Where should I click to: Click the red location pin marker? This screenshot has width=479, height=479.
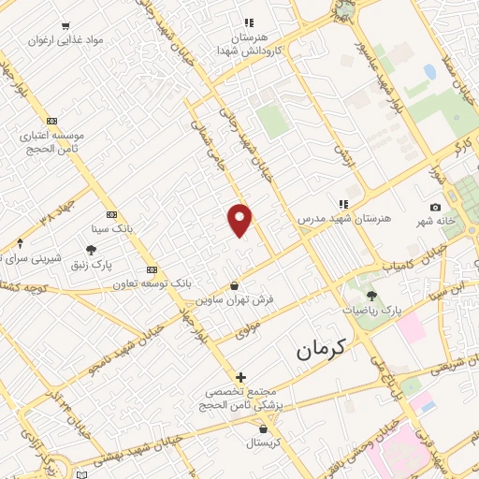click(240, 219)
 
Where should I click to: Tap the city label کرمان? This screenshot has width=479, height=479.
click(321, 350)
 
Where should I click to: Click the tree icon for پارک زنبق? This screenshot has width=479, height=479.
click(91, 250)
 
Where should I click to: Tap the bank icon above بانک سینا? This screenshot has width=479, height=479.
click(111, 214)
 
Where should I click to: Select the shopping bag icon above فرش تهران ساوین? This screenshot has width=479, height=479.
click(234, 285)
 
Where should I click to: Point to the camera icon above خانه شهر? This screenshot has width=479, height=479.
click(435, 207)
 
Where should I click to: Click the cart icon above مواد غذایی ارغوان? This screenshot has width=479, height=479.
click(65, 26)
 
